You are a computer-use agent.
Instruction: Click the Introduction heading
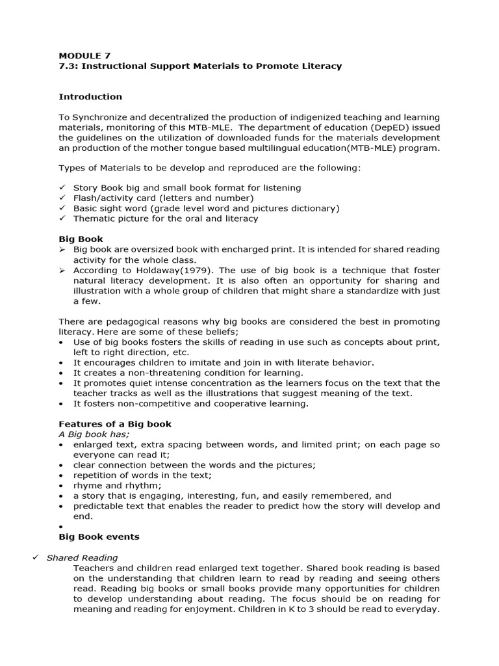[x=90, y=97]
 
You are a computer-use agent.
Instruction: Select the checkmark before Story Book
[x=62, y=187]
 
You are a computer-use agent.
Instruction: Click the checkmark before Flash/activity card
[x=62, y=198]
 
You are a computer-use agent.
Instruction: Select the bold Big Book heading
[x=81, y=239]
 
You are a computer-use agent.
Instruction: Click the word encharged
[x=257, y=250]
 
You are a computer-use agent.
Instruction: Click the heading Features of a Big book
[x=115, y=424]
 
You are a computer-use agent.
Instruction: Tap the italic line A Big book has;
[x=94, y=434]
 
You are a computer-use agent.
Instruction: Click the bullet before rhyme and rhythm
[x=61, y=486]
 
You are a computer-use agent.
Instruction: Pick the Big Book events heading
[x=99, y=537]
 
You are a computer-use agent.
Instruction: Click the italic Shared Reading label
[x=82, y=557]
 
